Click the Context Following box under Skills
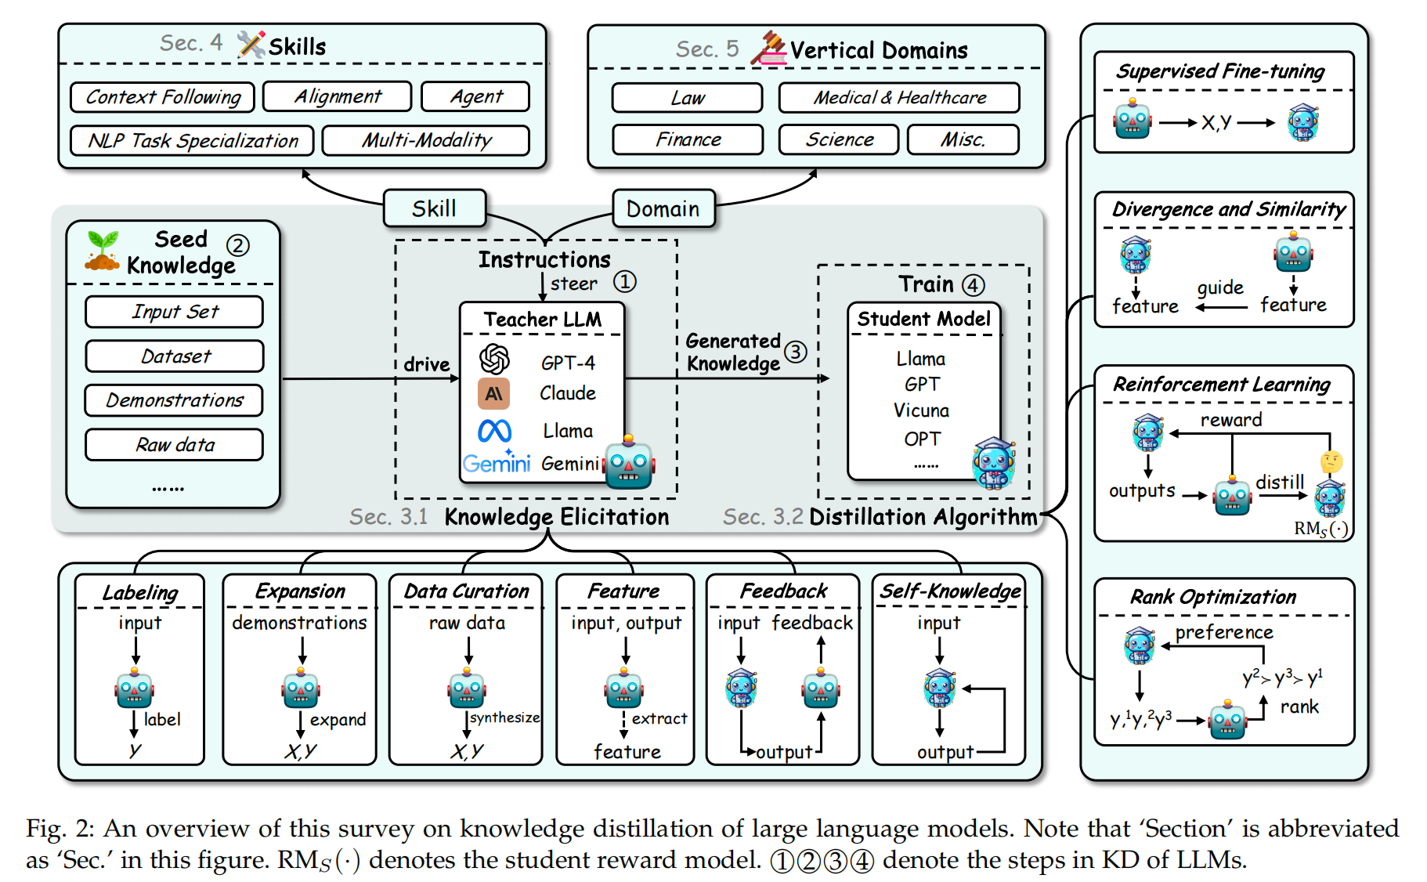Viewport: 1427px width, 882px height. tap(163, 97)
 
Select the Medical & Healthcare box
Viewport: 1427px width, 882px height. tap(899, 98)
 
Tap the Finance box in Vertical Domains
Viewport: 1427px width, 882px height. tap(688, 139)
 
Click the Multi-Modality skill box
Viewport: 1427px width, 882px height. tap(426, 141)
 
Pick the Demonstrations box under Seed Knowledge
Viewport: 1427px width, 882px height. tap(174, 400)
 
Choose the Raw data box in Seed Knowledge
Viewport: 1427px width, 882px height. tap(174, 445)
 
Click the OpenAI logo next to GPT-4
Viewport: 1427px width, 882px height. tap(494, 359)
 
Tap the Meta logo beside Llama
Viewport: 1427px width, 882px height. tap(495, 431)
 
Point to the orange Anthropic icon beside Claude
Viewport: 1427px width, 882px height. tap(493, 393)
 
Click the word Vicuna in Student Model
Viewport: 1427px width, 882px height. tap(921, 410)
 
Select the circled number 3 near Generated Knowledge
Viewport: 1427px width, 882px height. tap(796, 352)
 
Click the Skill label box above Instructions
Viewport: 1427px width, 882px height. tap(434, 209)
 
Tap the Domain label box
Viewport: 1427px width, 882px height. tap(663, 209)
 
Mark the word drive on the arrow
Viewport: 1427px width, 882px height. tap(427, 364)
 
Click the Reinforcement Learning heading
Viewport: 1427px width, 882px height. tap(1222, 385)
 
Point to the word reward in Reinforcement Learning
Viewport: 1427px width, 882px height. tap(1231, 420)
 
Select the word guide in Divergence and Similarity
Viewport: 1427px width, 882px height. tap(1220, 287)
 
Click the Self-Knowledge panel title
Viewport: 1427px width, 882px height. tap(950, 591)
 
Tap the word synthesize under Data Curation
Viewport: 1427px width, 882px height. tap(505, 718)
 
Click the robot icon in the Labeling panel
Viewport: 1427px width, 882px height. tap(135, 689)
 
